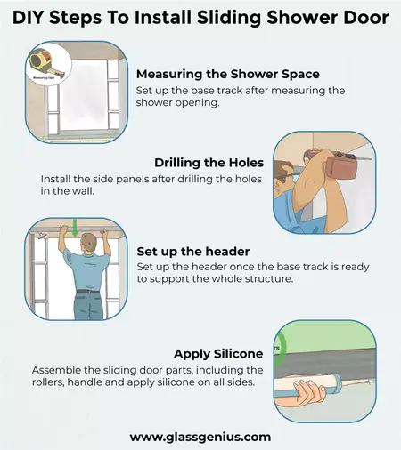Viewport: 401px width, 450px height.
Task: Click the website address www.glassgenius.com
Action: coord(200,437)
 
